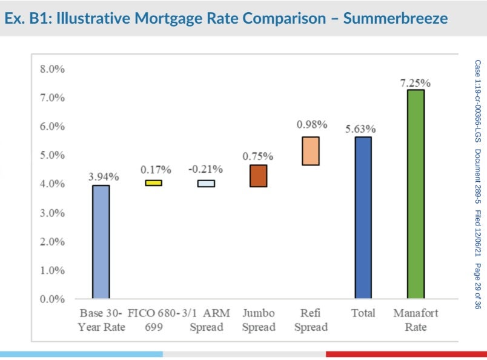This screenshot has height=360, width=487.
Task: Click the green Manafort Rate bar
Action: pos(415,194)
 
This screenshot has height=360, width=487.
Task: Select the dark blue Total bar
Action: pos(363,217)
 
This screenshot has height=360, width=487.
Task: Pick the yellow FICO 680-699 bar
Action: pos(153,182)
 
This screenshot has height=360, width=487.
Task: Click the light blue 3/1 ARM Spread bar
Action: pos(206,183)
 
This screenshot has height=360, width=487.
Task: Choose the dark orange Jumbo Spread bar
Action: pos(258,176)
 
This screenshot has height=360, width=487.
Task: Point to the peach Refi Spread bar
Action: pos(310,151)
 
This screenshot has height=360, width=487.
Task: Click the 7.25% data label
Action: pos(415,82)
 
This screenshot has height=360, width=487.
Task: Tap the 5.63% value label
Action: pos(360,129)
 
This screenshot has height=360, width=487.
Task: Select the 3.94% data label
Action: pos(104,177)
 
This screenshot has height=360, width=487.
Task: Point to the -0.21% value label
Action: pos(205,168)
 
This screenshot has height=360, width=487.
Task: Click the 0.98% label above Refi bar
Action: pos(311,125)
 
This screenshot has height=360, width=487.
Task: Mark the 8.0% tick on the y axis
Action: pos(52,69)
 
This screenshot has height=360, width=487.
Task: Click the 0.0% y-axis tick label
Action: pos(52,299)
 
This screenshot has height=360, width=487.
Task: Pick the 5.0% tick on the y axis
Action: pos(52,155)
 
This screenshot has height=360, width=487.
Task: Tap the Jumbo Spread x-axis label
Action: pos(259,320)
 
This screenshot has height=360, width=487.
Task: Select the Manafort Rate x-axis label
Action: pos(415,320)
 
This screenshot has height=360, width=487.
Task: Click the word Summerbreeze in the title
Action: pos(396,18)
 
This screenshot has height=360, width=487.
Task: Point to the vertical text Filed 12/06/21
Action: pos(478,233)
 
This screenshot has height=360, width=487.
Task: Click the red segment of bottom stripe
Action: pos(406,354)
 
